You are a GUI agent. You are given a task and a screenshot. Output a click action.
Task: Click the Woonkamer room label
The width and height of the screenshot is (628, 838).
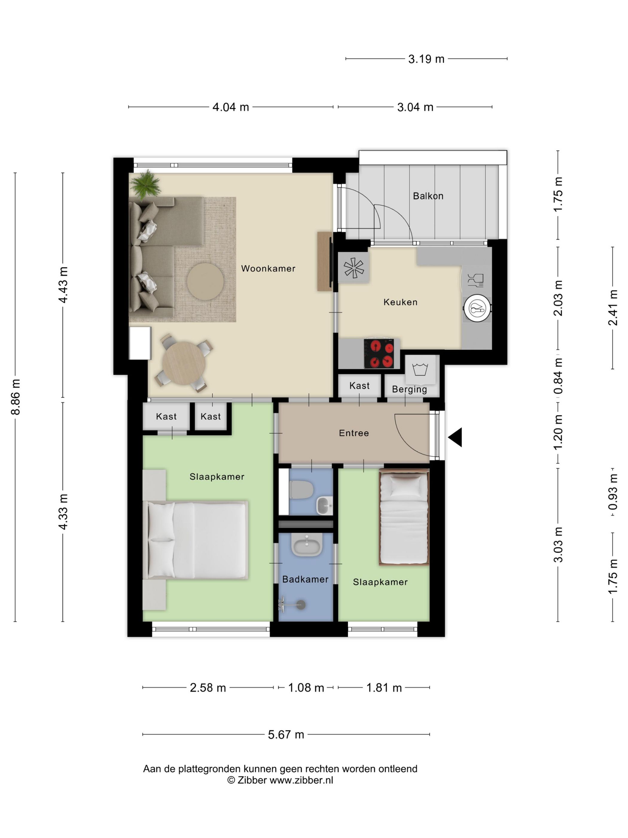[268, 268]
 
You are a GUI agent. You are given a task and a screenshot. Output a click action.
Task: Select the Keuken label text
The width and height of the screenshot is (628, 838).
[400, 302]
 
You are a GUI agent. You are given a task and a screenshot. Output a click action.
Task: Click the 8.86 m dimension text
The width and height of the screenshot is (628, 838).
[16, 397]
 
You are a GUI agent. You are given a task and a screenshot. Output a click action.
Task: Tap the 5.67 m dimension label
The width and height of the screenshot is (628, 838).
[286, 734]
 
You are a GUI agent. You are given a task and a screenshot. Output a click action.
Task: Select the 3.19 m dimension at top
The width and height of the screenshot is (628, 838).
[426, 59]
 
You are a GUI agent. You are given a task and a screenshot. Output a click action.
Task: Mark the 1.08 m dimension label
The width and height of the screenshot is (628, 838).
[306, 687]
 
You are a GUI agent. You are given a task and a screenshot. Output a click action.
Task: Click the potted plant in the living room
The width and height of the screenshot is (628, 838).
[145, 184]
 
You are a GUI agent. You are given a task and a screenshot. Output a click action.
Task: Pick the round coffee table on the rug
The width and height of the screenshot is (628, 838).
[205, 282]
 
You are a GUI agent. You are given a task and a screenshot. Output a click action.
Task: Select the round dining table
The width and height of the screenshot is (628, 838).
[184, 363]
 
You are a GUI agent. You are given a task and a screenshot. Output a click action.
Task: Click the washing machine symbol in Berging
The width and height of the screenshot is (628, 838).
[420, 369]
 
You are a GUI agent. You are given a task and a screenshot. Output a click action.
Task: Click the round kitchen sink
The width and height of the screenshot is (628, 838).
[477, 308]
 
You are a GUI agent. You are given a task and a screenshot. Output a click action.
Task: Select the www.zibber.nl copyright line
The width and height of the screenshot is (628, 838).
[280, 780]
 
